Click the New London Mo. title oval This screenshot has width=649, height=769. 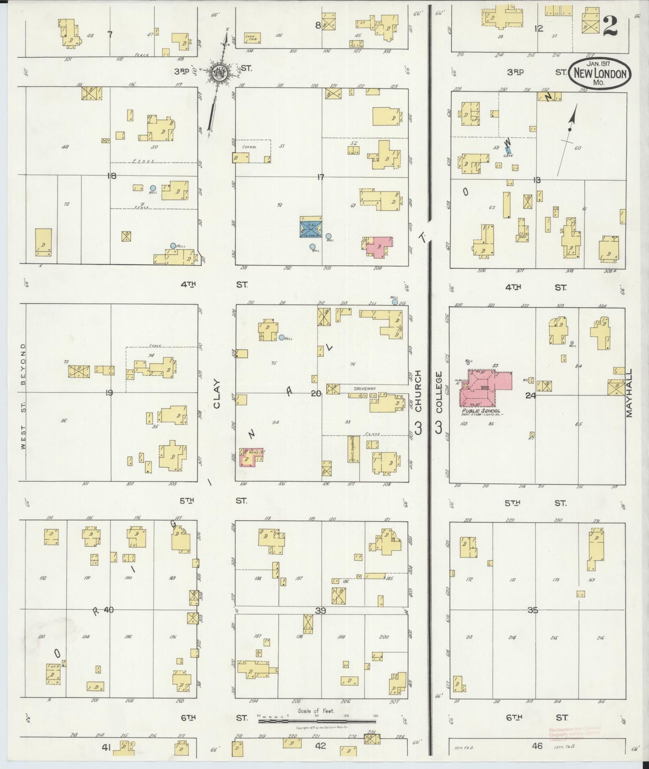coord(600,74)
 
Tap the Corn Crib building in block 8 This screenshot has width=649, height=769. coord(253,38)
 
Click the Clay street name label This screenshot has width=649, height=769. coord(217,394)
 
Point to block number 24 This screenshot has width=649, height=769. coord(530,396)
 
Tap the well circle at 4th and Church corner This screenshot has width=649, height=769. coord(395,301)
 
